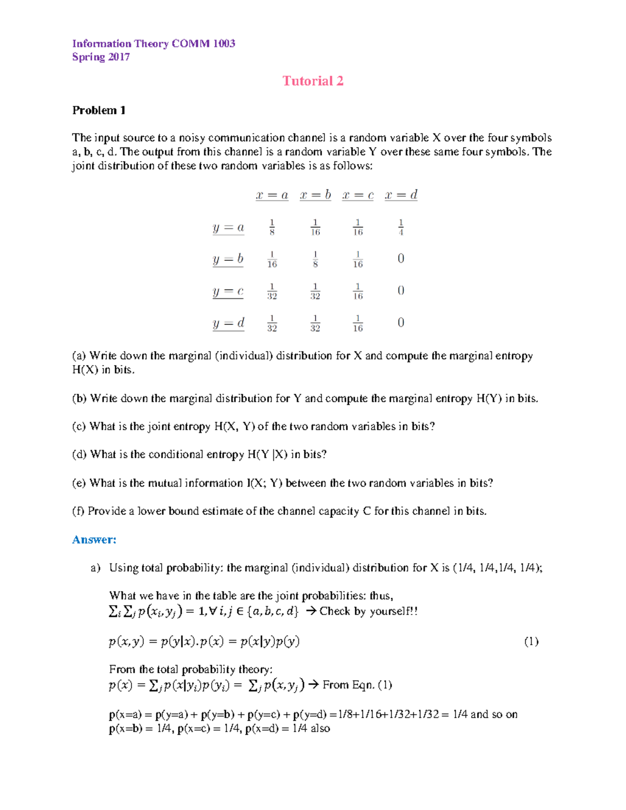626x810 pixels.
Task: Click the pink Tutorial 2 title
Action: coord(312,81)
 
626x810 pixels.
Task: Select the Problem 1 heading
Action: coord(99,110)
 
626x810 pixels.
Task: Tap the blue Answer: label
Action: coord(94,539)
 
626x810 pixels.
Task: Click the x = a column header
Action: coord(272,195)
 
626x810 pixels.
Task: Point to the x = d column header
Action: coord(401,195)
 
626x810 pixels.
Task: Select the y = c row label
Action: coord(228,291)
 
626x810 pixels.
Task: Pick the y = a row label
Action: coord(228,227)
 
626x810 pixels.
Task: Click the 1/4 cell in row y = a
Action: coord(401,227)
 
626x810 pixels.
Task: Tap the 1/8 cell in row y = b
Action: coord(315,259)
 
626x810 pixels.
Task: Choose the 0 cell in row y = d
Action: coord(401,323)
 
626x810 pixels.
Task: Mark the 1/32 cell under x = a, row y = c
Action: coord(272,292)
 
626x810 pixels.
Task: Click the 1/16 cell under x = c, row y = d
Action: coord(358,323)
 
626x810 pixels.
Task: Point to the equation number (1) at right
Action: coord(531,642)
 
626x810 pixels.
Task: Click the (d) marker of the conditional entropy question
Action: coord(79,454)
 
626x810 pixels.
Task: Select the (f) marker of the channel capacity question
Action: coord(78,511)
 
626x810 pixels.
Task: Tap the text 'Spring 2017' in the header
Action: coord(101,57)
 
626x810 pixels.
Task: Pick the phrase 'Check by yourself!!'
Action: coord(368,611)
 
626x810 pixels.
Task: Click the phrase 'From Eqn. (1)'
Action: coord(357,685)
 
